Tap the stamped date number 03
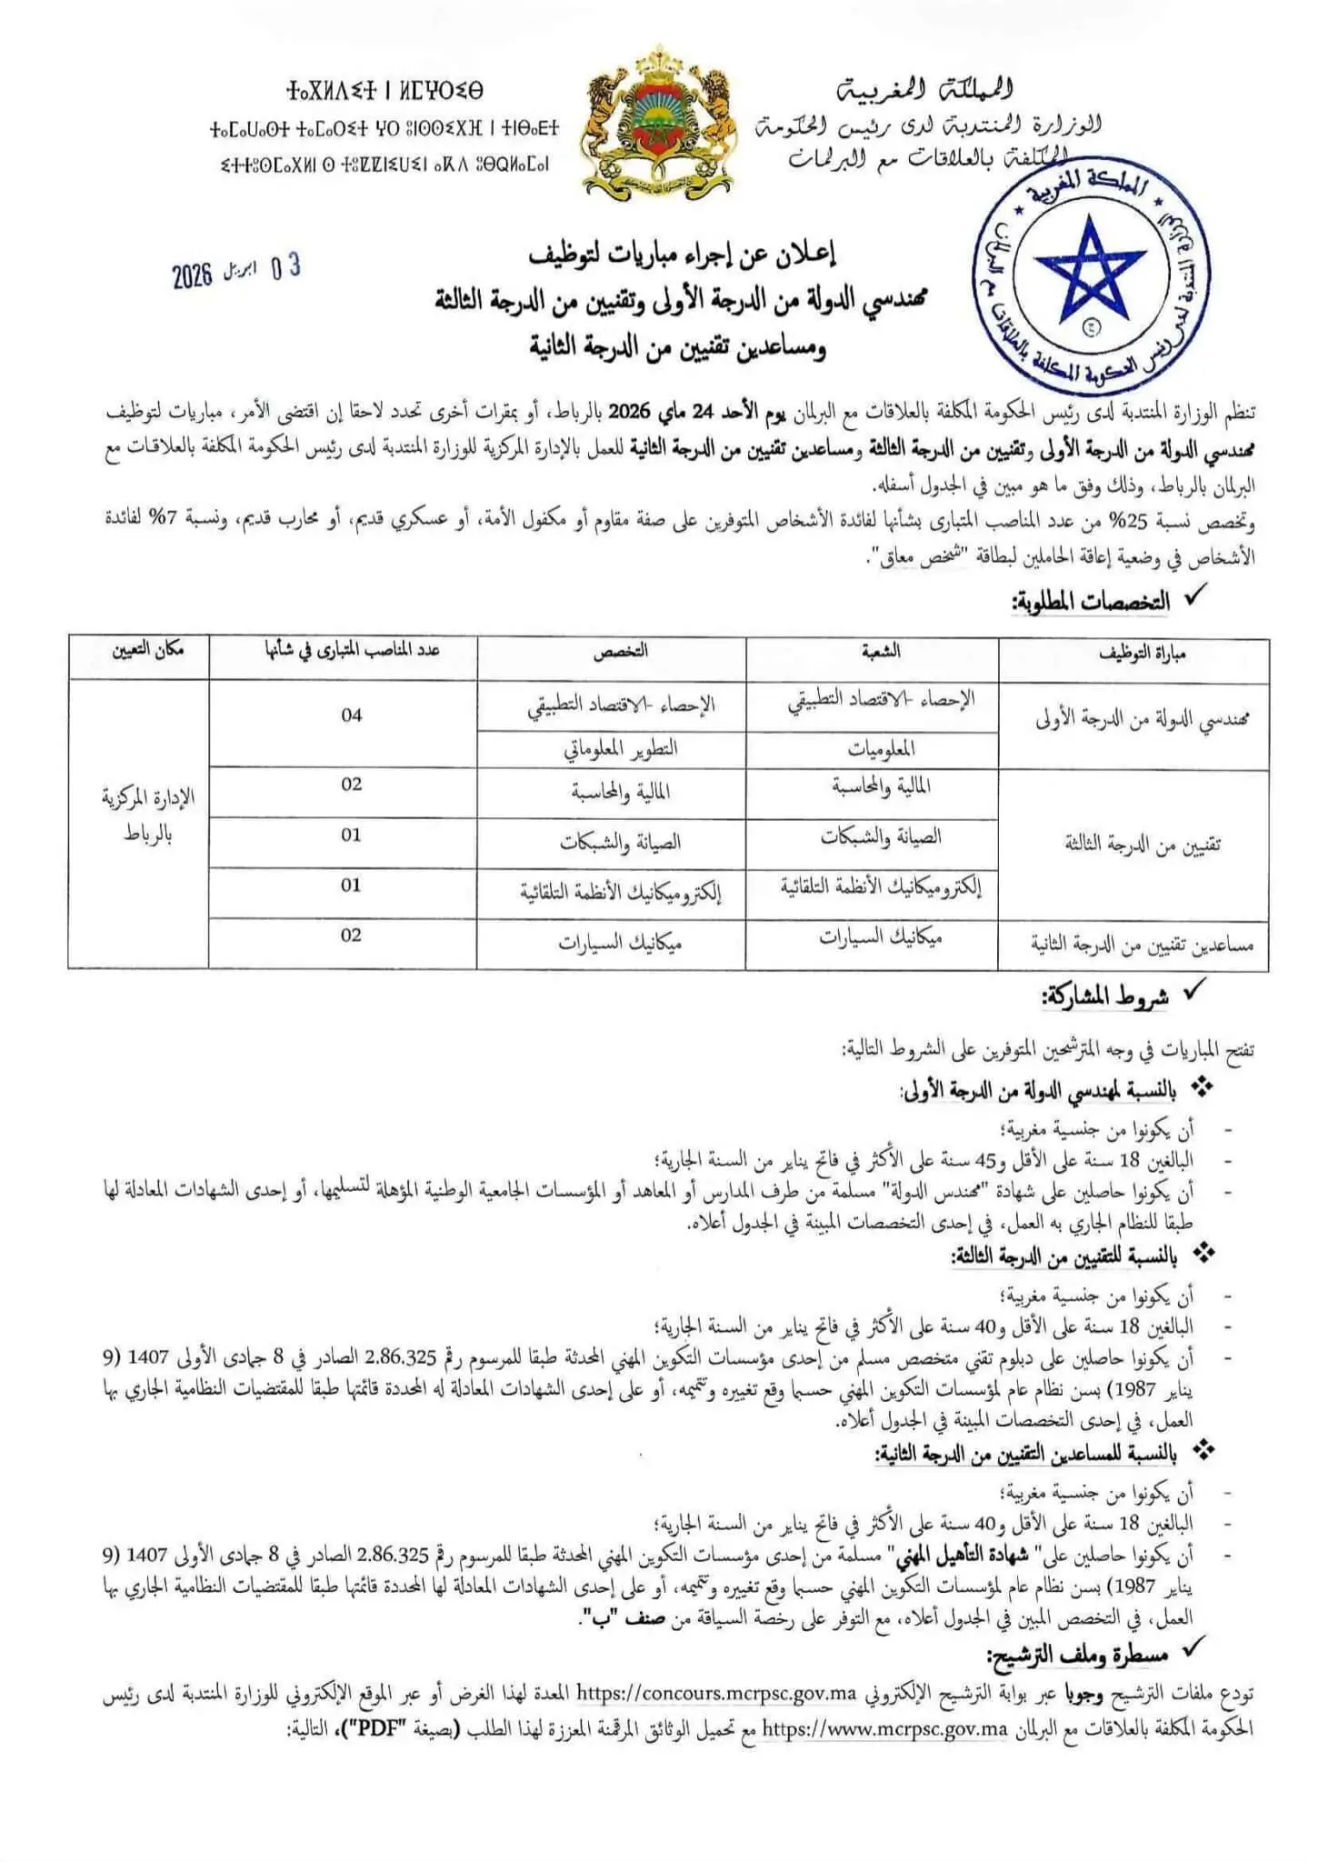285,266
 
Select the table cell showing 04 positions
352,716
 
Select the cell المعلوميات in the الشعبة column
881,749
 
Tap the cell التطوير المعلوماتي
621,749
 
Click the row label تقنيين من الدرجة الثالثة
1142,845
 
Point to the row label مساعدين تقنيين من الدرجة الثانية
1142,946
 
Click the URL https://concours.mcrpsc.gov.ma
717,1693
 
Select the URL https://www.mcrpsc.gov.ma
884,1728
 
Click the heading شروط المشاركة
1104,996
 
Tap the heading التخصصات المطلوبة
1091,602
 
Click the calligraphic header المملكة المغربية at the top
924,89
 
